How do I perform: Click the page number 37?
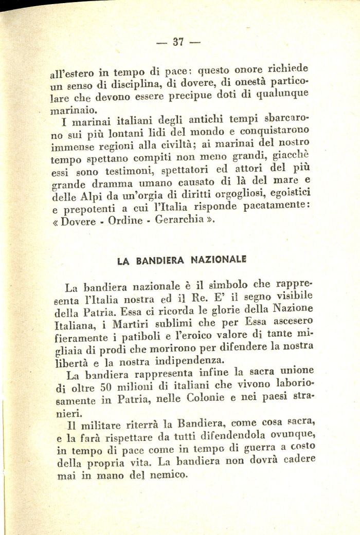178,43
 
